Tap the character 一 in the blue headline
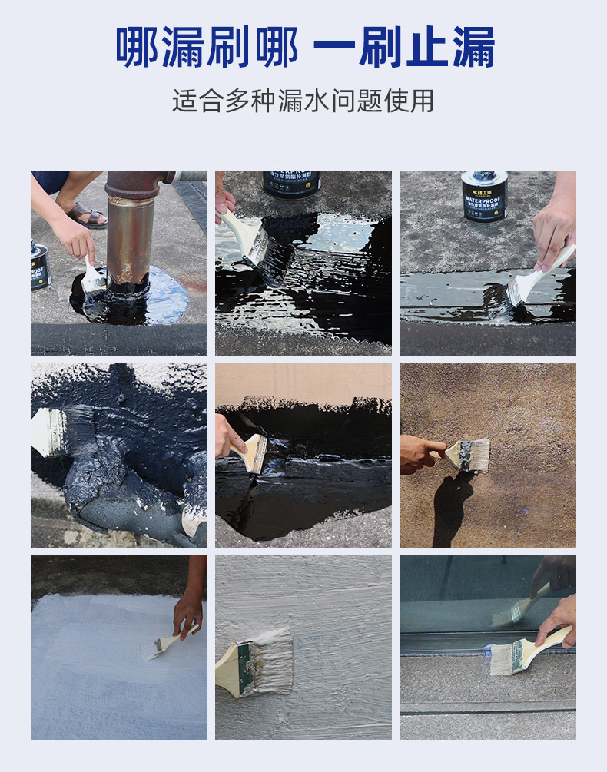[x=337, y=48]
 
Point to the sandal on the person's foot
[x=86, y=215]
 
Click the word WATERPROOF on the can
[x=484, y=200]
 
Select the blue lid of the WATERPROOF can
[x=484, y=178]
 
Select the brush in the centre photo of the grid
[x=254, y=453]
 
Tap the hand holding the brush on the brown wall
[x=418, y=454]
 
